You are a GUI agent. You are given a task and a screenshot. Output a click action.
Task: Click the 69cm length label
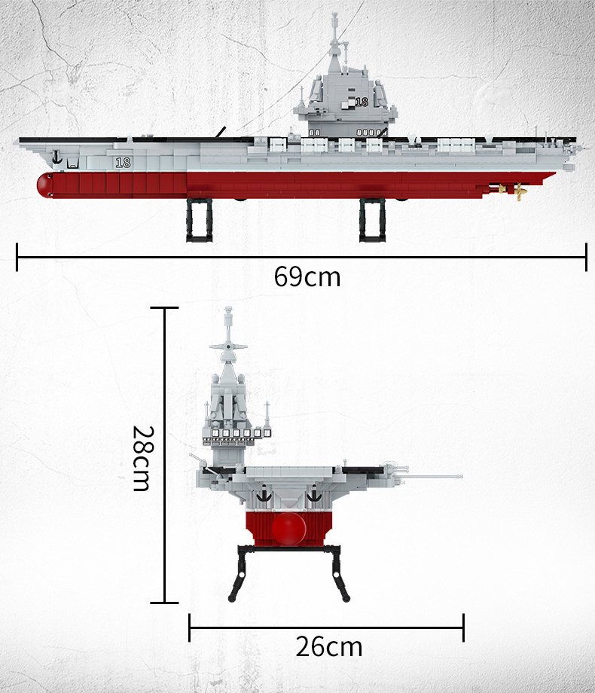coord(307,277)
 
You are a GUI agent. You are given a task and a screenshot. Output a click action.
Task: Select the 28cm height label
coord(143,458)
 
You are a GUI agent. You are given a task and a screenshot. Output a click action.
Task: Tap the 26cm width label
coord(329,646)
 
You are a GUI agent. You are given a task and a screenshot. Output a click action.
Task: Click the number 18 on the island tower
coord(362,102)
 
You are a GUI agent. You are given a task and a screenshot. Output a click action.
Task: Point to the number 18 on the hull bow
coord(123,163)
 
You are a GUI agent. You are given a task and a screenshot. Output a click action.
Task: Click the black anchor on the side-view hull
coord(56,157)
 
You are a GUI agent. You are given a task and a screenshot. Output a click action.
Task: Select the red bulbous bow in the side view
coord(44,185)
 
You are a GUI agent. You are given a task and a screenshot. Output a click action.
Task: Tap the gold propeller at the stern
coord(520,192)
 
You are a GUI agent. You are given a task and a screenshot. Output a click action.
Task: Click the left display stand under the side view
coord(200,220)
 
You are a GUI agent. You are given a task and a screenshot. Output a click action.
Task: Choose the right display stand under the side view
coord(372,220)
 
